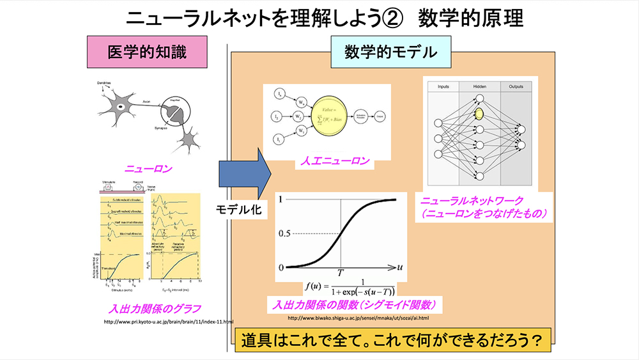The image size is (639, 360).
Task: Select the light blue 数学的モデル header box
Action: tap(382, 52)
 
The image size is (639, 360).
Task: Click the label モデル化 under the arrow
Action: tap(240, 208)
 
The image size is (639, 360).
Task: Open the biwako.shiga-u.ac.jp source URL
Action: tap(358, 317)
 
